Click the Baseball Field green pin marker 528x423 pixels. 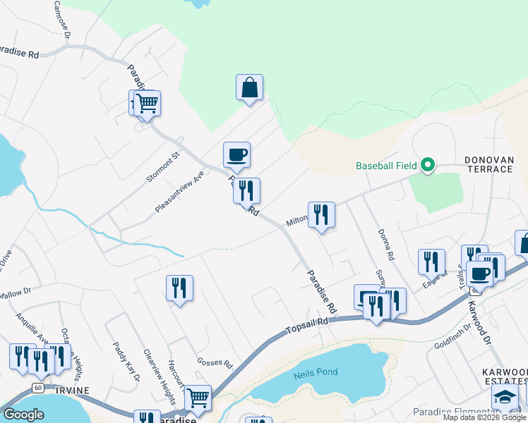[426, 166]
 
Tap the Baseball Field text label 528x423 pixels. [387, 166]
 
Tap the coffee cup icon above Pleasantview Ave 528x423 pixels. [236, 155]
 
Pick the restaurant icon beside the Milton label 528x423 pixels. [321, 215]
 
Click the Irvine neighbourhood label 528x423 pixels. [69, 391]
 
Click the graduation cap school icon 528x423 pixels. [505, 397]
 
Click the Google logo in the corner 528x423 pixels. [23, 415]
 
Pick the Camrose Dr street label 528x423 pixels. [62, 19]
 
